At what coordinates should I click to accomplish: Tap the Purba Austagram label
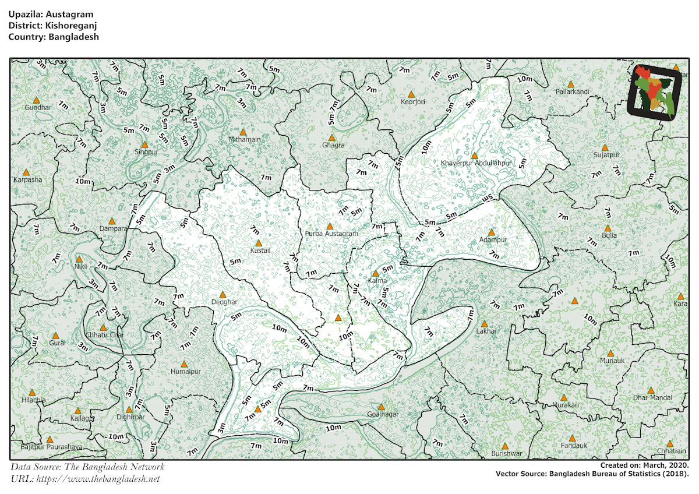tap(331, 234)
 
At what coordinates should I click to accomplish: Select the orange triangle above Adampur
tap(491, 232)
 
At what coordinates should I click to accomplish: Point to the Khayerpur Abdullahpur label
tap(476, 163)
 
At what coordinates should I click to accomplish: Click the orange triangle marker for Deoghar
tap(222, 295)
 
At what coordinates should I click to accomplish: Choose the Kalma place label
tap(377, 281)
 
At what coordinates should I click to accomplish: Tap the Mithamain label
tap(244, 140)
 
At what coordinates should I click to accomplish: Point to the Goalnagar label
tap(383, 414)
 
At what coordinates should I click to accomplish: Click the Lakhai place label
tap(486, 331)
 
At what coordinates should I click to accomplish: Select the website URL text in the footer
tap(85, 479)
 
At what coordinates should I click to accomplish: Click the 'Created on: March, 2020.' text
tap(644, 465)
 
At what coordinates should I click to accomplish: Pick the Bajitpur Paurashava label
tap(51, 447)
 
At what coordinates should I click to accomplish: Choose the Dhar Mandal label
tap(652, 397)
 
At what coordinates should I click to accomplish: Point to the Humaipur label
tap(185, 371)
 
